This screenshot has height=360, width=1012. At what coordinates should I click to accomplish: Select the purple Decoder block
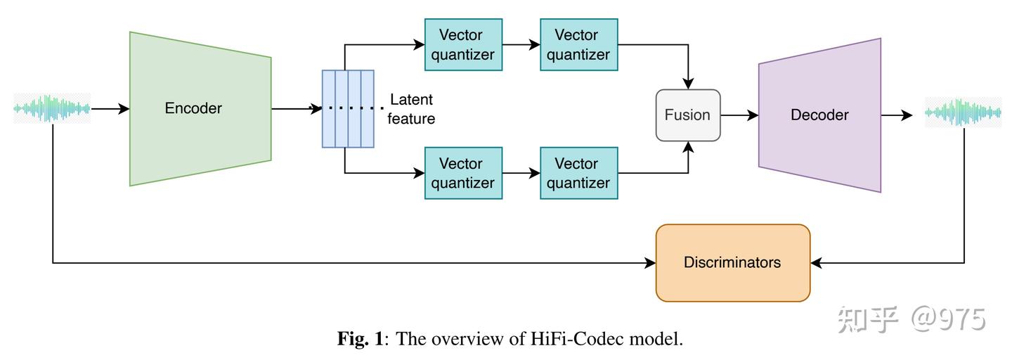[x=819, y=115]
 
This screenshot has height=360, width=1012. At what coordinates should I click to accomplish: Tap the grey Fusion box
[x=688, y=115]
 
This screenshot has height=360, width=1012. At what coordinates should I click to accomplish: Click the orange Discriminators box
[x=732, y=263]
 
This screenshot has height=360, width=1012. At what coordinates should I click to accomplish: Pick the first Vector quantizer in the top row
[x=463, y=45]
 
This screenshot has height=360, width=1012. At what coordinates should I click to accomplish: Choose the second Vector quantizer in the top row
[x=578, y=45]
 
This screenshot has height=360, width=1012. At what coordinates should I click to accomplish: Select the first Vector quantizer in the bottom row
[x=463, y=173]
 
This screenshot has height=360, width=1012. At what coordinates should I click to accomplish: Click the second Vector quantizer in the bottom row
[x=578, y=173]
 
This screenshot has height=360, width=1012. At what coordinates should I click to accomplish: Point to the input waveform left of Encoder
[x=52, y=109]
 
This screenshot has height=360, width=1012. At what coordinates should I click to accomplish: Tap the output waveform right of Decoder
[x=963, y=112]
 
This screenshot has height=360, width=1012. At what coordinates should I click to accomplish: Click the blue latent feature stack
[x=348, y=109]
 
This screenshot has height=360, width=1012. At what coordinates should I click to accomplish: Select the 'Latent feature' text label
[x=411, y=110]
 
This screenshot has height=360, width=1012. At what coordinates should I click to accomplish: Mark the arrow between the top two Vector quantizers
[x=521, y=45]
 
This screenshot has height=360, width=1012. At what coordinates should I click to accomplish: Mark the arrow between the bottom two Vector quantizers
[x=521, y=173]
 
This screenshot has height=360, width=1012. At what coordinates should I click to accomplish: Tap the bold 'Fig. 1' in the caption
[x=361, y=340]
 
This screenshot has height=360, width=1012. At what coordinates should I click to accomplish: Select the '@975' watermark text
[x=949, y=320]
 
